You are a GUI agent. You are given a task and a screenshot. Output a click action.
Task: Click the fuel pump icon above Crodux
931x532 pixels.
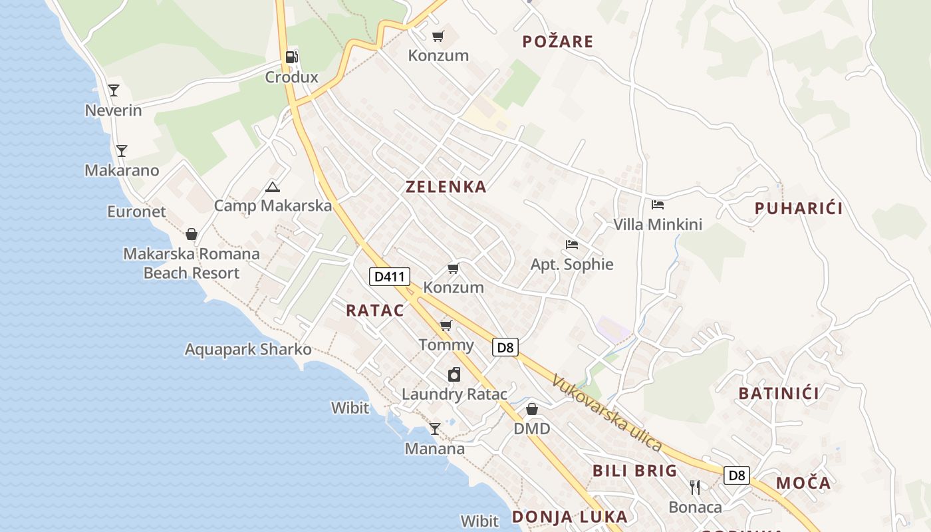click(291, 57)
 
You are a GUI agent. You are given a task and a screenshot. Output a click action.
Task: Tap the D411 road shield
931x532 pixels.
click(390, 276)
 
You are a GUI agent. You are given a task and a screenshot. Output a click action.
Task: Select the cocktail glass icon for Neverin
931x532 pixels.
click(114, 90)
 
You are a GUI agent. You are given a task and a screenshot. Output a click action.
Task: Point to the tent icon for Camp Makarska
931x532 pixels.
click(272, 187)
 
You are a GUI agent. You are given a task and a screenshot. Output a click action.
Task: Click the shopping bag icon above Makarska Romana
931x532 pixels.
click(192, 234)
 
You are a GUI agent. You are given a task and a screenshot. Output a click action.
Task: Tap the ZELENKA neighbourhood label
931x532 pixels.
click(446, 187)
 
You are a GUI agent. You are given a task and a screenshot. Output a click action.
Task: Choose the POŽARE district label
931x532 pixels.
click(557, 42)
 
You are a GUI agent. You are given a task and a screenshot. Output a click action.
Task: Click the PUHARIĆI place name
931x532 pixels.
click(799, 208)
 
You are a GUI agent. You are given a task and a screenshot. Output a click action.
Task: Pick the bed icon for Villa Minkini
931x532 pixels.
click(658, 205)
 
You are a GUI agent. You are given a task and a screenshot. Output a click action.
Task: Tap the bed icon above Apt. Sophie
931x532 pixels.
click(571, 245)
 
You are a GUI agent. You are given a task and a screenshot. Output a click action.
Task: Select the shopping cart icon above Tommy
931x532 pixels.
click(446, 325)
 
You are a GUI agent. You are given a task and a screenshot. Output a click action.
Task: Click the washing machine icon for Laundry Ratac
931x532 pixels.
click(454, 374)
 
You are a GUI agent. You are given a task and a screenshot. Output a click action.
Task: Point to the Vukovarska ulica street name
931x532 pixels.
click(606, 413)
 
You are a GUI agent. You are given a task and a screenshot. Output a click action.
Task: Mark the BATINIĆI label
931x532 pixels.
click(779, 393)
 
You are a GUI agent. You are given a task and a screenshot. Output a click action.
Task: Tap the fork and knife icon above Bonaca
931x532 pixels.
click(695, 487)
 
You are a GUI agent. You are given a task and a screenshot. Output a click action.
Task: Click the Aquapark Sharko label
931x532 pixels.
click(248, 349)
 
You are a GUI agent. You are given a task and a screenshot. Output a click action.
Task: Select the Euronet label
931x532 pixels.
click(136, 211)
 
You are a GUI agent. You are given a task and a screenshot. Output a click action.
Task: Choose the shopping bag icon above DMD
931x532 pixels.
click(532, 409)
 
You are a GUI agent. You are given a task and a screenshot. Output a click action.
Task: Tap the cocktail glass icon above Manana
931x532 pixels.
click(435, 429)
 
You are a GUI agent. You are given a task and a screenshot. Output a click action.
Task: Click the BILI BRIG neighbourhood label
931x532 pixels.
click(634, 471)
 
